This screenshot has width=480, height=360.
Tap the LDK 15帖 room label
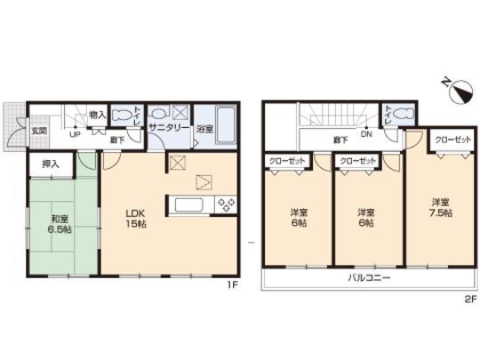134,218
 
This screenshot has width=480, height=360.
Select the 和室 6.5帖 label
59,223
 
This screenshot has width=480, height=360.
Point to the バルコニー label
365,278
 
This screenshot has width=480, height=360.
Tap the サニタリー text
168,129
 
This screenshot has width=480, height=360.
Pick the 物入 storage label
98,116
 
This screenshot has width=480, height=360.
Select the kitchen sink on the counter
190,204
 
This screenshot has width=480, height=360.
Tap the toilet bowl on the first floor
120,116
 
